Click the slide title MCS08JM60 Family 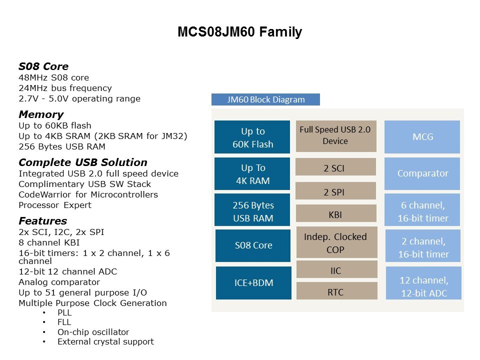[239, 32]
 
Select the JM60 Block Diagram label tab [265, 99]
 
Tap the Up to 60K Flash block [252, 137]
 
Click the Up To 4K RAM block [252, 174]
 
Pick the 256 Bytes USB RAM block [252, 211]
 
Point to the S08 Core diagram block [253, 245]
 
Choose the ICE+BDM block [253, 283]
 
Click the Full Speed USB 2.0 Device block [335, 135]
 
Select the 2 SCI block [335, 168]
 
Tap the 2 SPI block [335, 191]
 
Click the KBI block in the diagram [335, 215]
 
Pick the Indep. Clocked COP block [336, 242]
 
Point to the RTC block [336, 291]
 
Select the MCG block [422, 137]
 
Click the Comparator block [422, 173]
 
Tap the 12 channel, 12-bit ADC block [423, 286]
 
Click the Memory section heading [41, 114]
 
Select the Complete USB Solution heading [83, 162]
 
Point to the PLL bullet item [64, 312]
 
